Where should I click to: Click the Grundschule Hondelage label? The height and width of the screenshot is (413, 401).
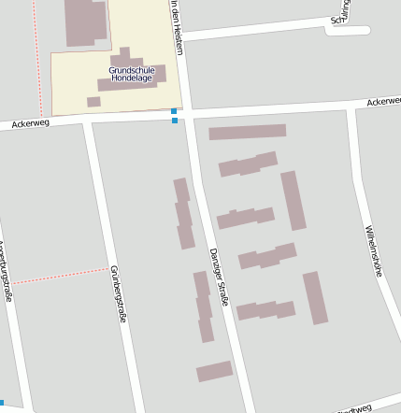[131, 74]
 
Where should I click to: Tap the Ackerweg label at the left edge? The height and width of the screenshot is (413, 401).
[29, 122]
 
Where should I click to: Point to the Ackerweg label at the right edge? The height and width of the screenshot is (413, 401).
[383, 100]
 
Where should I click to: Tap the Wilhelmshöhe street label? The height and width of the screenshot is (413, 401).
[376, 251]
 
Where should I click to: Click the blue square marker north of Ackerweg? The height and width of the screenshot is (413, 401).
[174, 111]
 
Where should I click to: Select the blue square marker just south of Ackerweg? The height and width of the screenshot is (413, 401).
[175, 121]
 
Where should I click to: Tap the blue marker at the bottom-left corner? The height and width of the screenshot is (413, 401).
[2, 403]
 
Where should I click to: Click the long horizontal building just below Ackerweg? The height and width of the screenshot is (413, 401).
[247, 132]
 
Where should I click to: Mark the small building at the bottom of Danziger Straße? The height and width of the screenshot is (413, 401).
[214, 371]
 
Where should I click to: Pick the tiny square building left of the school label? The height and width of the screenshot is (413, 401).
[93, 102]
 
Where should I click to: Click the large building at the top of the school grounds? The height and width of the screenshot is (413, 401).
[85, 21]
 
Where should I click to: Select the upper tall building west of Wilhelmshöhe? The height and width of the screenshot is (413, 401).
[294, 200]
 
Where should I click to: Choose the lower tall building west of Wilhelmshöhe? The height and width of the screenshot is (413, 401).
[315, 297]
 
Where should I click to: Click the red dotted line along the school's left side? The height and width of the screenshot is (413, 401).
[40, 47]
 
